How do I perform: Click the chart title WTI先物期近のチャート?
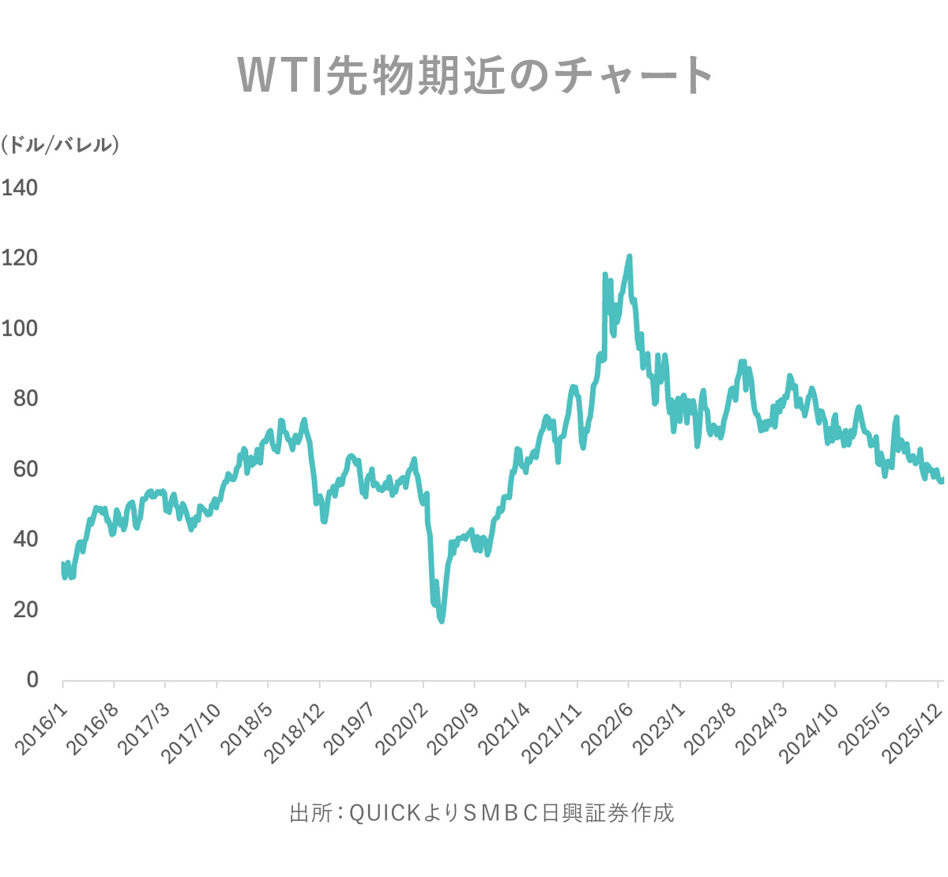pos(475,75)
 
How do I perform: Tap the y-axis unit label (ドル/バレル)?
pos(60,145)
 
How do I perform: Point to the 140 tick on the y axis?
pos(20,188)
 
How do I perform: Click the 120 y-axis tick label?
pos(20,258)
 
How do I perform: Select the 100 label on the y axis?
pos(20,329)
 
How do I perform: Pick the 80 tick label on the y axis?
pos(25,399)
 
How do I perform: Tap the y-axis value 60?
pos(25,469)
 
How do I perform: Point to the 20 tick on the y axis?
pos(25,610)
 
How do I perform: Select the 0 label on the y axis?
pos(32,680)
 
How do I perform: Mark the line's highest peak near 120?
pos(630,256)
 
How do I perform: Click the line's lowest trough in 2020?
pos(442,621)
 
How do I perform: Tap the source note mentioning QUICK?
pos(482,813)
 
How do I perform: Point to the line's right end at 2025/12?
pos(941,480)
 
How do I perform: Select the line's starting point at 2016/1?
pos(63,564)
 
